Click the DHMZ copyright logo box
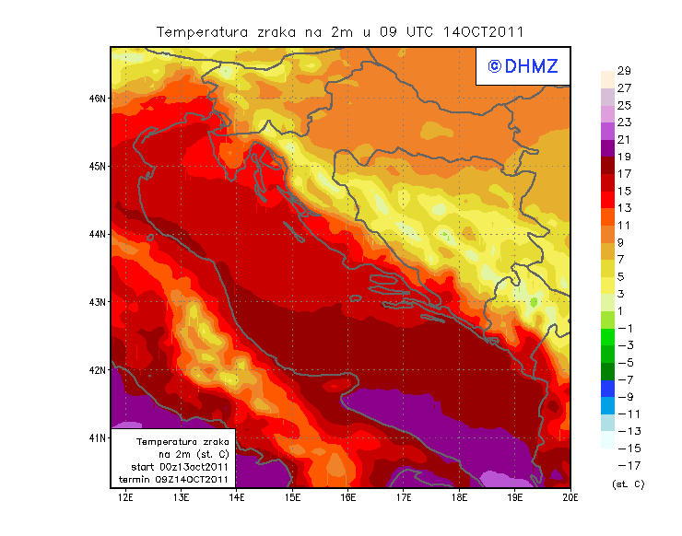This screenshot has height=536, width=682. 522,66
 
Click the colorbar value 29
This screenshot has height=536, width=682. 623,71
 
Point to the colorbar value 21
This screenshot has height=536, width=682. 623,139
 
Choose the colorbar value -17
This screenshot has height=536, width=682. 624,465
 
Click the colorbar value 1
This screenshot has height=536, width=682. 623,310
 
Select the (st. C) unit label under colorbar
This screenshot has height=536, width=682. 628,484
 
